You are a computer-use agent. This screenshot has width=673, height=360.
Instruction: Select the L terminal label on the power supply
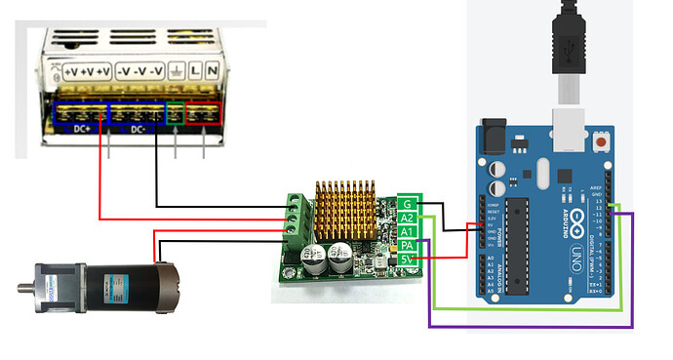[x=194, y=71]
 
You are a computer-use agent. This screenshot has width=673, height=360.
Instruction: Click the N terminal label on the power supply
[x=212, y=71]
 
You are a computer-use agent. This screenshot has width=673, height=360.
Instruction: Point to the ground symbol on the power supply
[x=176, y=71]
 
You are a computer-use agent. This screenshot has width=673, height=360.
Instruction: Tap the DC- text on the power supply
[x=139, y=128]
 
